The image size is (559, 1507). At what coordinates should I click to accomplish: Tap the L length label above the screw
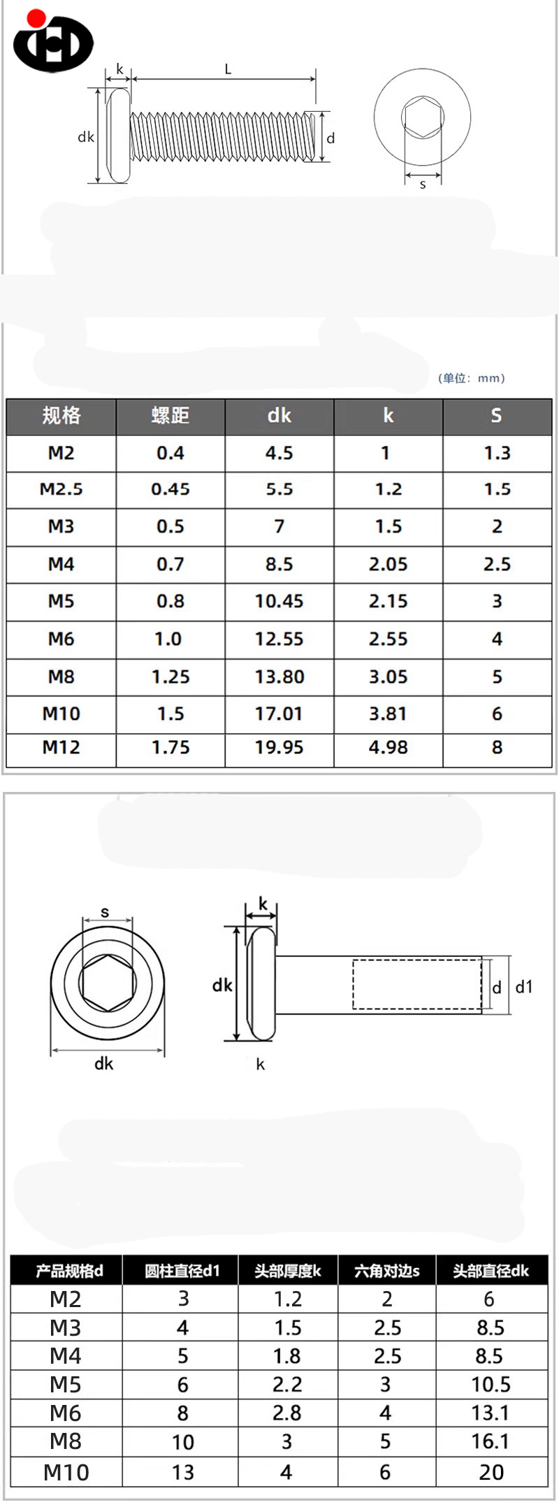(x=228, y=69)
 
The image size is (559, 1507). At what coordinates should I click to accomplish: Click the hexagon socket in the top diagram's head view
(x=422, y=117)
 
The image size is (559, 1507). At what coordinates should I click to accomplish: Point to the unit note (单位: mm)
(x=471, y=378)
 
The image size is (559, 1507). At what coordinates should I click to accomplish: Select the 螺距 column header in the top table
(x=170, y=416)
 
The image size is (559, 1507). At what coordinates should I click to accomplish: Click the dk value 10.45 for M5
(x=279, y=601)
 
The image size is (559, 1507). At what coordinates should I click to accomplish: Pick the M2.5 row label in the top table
(x=61, y=489)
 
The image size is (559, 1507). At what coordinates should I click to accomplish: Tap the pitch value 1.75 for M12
(x=170, y=747)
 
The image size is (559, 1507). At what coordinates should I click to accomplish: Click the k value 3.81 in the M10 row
(x=388, y=714)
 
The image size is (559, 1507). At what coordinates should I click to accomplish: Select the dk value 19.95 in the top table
(x=279, y=747)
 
